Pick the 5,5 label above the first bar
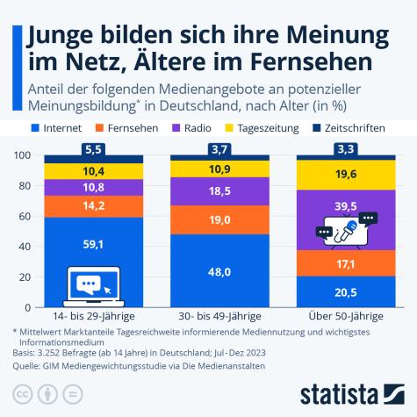(92, 149)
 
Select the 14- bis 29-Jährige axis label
(92, 313)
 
